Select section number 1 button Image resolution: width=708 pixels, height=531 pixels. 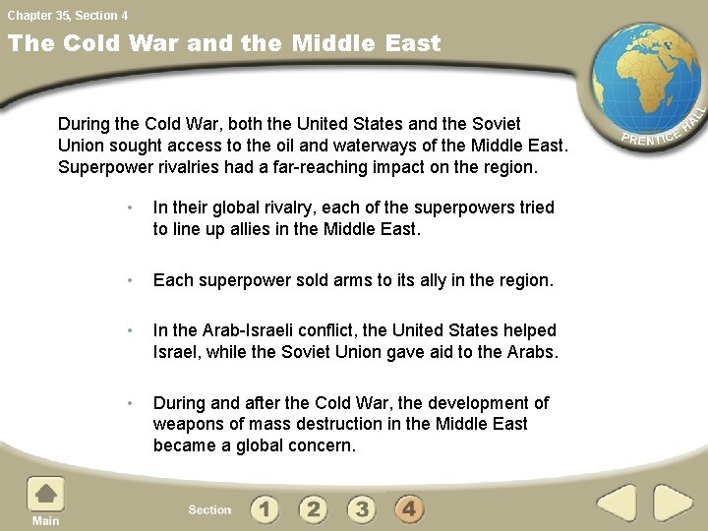(x=264, y=508)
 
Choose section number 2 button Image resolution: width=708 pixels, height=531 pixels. (x=313, y=508)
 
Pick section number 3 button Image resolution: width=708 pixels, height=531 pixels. (x=362, y=508)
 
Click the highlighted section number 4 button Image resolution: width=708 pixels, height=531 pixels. (x=410, y=508)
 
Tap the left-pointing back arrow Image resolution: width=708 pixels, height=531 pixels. (x=617, y=502)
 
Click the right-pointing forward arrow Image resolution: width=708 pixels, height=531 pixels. (x=673, y=502)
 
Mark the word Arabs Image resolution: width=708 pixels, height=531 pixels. (x=531, y=351)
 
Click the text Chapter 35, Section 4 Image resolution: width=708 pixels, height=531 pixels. (x=67, y=15)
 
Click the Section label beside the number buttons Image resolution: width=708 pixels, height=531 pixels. (x=209, y=509)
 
